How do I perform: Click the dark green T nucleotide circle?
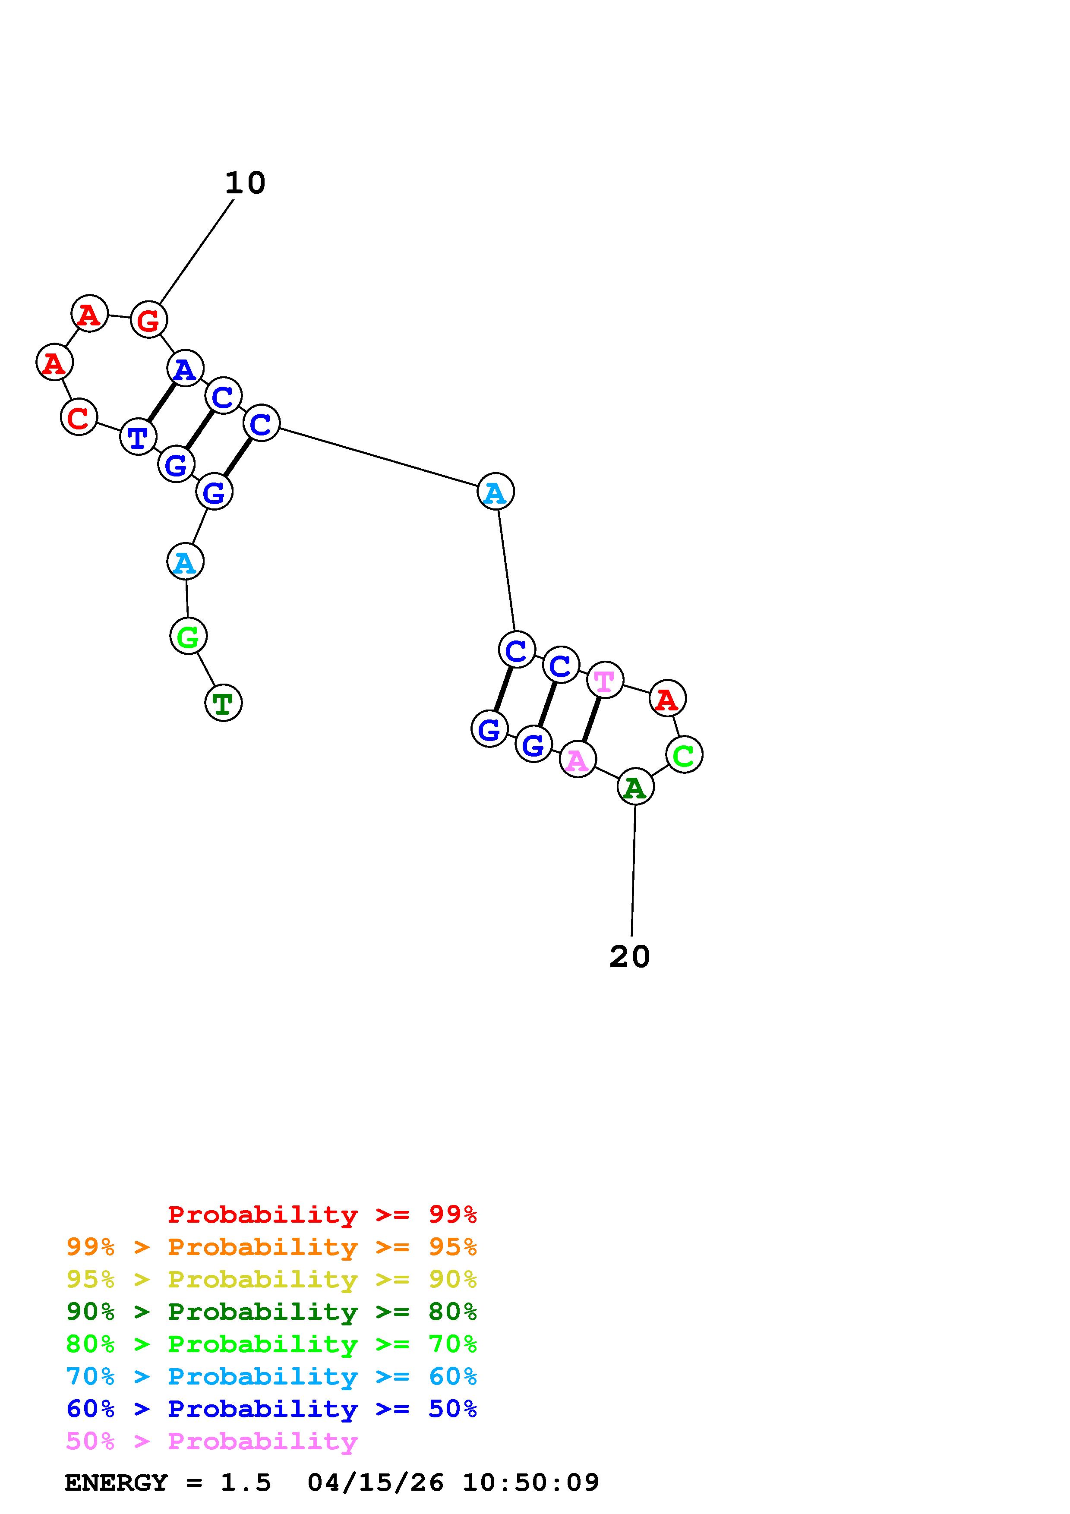[224, 703]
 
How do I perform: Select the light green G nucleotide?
[189, 636]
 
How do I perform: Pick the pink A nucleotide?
[578, 760]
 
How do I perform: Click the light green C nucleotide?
[684, 754]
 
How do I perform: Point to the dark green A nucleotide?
[635, 787]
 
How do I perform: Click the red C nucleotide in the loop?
[79, 417]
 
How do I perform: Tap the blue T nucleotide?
[138, 436]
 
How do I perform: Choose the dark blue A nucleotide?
[185, 369]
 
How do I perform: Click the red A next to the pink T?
[667, 698]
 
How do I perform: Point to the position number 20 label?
[630, 957]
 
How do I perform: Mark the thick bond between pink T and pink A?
[591, 719]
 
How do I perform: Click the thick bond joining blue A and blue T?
[161, 402]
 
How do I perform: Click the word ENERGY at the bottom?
[116, 1482]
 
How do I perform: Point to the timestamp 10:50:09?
[531, 1482]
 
